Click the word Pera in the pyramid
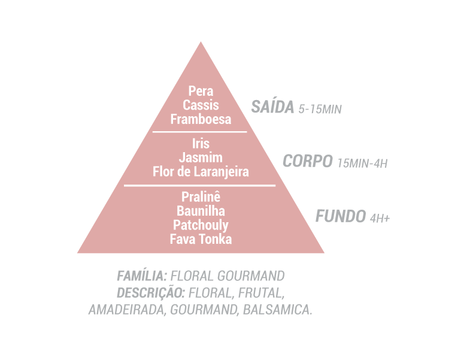(x=201, y=92)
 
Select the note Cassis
(x=201, y=105)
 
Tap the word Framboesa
(x=201, y=119)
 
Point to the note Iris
(x=201, y=144)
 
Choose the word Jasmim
(x=201, y=158)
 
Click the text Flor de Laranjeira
(x=201, y=172)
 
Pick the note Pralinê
(x=201, y=196)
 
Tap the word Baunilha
(x=201, y=211)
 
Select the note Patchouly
(x=201, y=225)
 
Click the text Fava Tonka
(x=201, y=239)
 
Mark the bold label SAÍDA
(x=272, y=107)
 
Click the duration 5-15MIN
(x=319, y=110)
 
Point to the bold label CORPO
(x=307, y=161)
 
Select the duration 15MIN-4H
(x=362, y=163)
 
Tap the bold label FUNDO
(x=340, y=216)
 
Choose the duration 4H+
(x=379, y=218)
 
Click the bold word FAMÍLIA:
(x=142, y=276)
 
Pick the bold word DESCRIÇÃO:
(x=151, y=293)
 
